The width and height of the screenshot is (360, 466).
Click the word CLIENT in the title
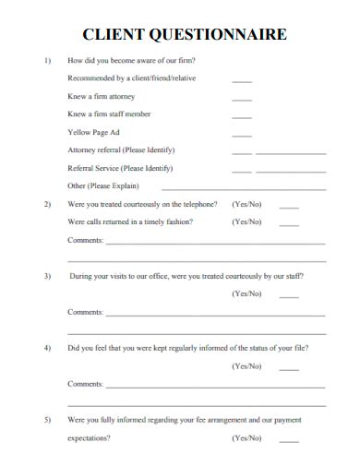point(112,35)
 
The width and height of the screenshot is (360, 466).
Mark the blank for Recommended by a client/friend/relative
point(242,80)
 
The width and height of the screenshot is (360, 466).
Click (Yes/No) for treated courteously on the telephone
point(246,204)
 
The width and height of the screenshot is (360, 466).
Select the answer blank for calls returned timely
point(289,224)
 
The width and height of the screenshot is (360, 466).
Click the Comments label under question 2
point(86,240)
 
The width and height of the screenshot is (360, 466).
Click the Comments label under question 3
point(86,312)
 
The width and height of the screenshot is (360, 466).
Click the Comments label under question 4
point(86,383)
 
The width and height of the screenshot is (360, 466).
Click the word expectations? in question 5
point(90,438)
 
